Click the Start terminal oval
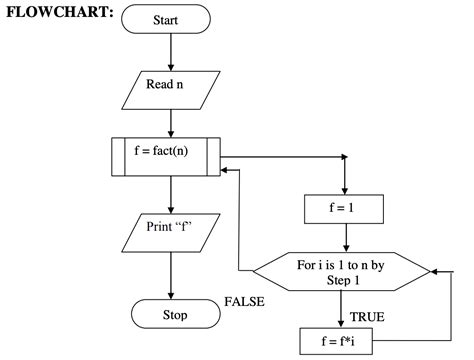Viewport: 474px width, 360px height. coord(172,18)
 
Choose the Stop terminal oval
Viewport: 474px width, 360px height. coord(173,314)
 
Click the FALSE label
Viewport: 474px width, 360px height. coord(245,301)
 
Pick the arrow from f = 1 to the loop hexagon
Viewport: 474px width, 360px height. coord(344,237)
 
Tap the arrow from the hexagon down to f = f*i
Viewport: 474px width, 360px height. coord(344,309)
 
